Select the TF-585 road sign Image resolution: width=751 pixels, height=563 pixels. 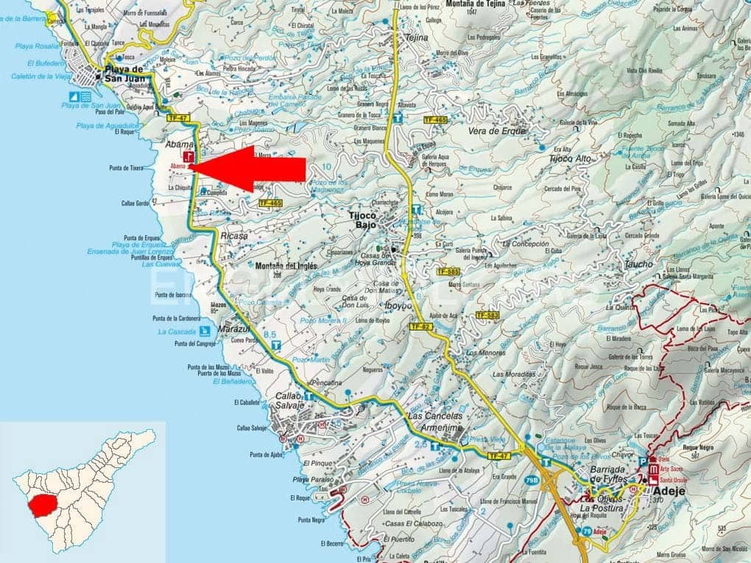(x=448, y=272)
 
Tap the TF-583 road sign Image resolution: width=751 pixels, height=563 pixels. (x=487, y=315)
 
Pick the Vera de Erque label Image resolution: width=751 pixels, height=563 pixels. (x=497, y=132)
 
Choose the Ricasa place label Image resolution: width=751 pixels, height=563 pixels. (x=234, y=236)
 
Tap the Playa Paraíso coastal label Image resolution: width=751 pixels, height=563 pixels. (x=310, y=480)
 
